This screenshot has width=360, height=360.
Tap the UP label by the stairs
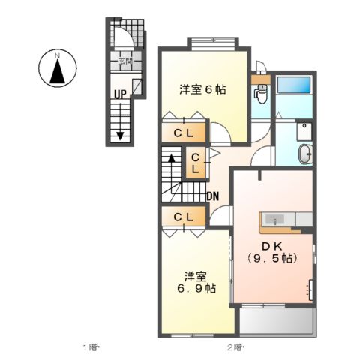tap(120, 94)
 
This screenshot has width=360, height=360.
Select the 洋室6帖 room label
tap(202, 88)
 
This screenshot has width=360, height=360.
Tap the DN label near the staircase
tap(213, 197)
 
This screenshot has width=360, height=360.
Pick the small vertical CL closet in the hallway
tap(193, 164)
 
